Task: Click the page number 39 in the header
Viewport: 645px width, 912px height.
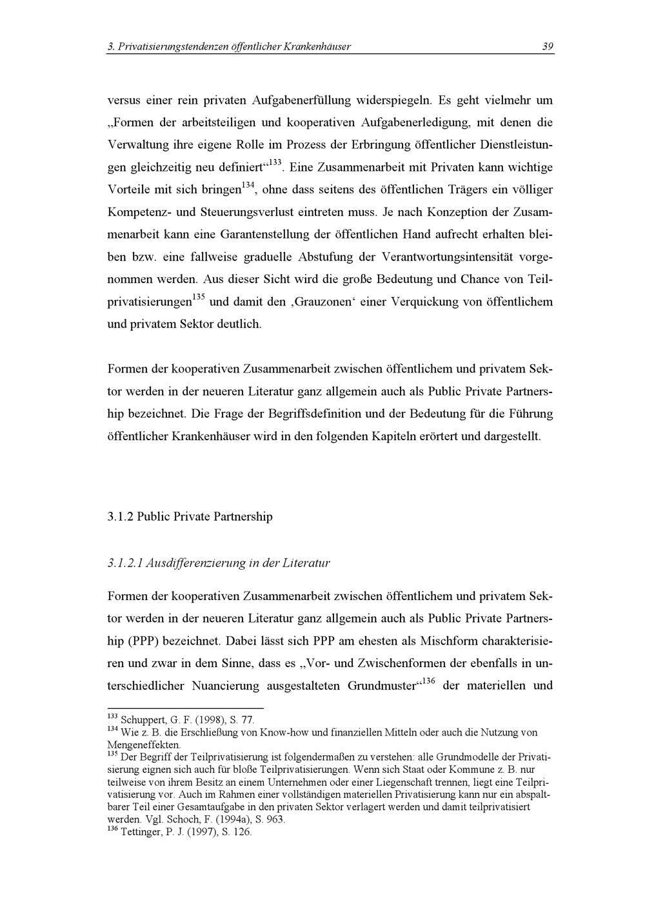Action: click(x=548, y=46)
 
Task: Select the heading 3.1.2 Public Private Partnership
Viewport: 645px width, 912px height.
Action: click(x=190, y=517)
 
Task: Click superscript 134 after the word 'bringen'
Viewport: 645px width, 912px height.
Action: click(x=248, y=186)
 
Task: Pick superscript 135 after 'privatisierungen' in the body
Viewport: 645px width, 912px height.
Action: click(x=199, y=297)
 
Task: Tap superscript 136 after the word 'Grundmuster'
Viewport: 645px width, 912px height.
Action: click(x=428, y=681)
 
